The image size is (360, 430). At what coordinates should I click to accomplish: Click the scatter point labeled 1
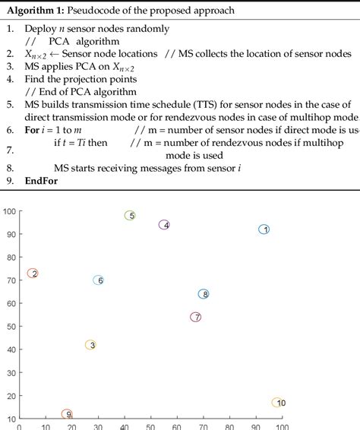pyautogui.click(x=264, y=229)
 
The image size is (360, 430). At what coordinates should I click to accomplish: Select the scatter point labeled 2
pyautogui.click(x=33, y=273)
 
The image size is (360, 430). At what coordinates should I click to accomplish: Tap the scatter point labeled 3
pyautogui.click(x=90, y=345)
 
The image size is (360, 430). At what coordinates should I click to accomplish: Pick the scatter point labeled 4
pyautogui.click(x=164, y=225)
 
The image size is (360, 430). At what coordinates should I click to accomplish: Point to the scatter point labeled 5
pyautogui.click(x=130, y=216)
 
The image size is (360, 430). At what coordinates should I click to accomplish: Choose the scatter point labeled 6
pyautogui.click(x=98, y=280)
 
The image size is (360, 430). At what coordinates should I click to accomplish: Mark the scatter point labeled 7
pyautogui.click(x=195, y=318)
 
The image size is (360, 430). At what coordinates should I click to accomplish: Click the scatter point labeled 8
pyautogui.click(x=204, y=294)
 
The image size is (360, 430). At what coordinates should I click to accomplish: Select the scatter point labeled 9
pyautogui.click(x=67, y=414)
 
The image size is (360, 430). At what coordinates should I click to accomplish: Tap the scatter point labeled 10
pyautogui.click(x=279, y=403)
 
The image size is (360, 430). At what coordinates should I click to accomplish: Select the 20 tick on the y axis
pyautogui.click(x=11, y=396)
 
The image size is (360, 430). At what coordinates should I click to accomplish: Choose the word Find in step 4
pyautogui.click(x=35, y=78)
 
